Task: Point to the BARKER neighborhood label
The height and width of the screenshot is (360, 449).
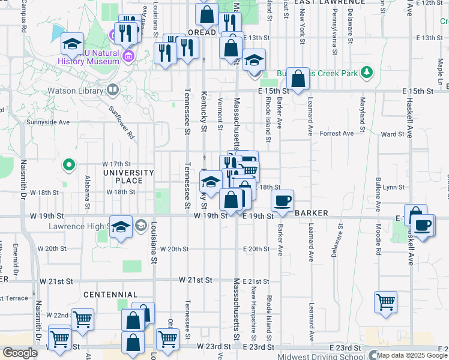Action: pos(311,213)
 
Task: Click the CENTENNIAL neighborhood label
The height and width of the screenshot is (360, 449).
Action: pos(110,295)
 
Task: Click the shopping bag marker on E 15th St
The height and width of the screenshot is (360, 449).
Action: pos(298,78)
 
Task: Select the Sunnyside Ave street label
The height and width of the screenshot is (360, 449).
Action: pos(48,122)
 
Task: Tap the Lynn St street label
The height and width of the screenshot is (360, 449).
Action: pos(394,187)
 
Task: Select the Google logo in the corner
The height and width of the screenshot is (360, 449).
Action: pos(19,353)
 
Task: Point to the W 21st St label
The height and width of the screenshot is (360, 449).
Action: pos(195,280)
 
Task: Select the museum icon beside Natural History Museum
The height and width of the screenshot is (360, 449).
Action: pos(128,57)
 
